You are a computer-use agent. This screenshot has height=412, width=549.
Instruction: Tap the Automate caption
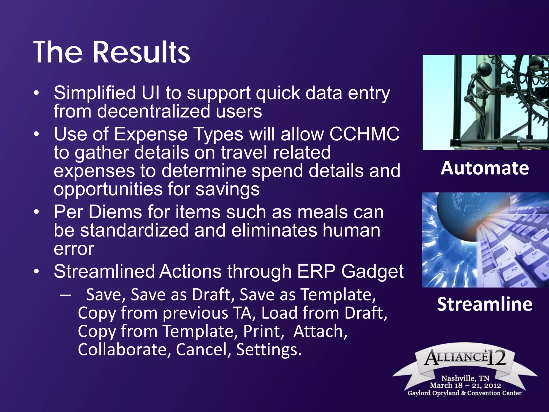pyautogui.click(x=485, y=168)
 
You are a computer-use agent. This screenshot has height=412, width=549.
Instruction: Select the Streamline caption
pyautogui.click(x=485, y=304)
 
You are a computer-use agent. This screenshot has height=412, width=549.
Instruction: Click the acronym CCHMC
pyautogui.click(x=364, y=134)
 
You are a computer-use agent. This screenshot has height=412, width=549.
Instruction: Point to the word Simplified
pyautogui.click(x=95, y=93)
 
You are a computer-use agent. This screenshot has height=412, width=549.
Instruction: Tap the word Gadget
pyautogui.click(x=372, y=272)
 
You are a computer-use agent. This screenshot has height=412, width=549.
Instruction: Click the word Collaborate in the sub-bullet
pyautogui.click(x=124, y=350)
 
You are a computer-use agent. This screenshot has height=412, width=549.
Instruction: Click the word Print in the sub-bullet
pyautogui.click(x=263, y=331)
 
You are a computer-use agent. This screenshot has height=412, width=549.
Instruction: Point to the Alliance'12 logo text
pyautogui.click(x=465, y=358)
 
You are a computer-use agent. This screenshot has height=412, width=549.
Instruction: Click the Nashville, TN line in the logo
pyautogui.click(x=465, y=378)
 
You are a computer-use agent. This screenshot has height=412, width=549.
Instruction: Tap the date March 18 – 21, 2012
pyautogui.click(x=465, y=385)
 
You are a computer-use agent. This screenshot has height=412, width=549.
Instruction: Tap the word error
pyautogui.click(x=74, y=249)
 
